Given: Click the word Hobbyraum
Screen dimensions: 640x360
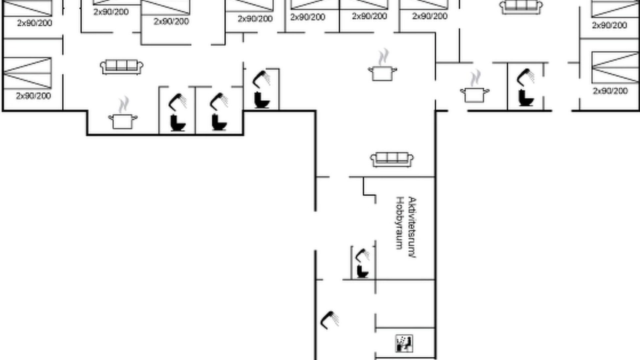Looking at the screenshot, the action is point(399,223).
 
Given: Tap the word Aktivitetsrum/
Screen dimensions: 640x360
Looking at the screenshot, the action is point(411,227).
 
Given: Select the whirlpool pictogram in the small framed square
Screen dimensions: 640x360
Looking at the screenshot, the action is point(404,343).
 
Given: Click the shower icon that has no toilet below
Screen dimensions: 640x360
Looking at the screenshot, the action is point(329,320).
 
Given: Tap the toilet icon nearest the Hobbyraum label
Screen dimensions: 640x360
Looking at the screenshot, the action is point(362,271).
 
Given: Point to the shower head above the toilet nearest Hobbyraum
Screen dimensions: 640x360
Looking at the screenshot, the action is point(362,255).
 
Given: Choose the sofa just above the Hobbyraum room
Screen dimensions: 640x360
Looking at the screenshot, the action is point(391,159).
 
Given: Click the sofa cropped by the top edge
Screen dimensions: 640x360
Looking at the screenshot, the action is point(521,7).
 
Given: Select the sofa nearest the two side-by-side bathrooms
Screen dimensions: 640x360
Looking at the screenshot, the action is point(121,67).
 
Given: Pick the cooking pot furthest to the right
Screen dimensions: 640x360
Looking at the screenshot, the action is point(474,86).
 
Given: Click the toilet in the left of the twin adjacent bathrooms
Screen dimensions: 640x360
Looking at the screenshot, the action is point(177,123).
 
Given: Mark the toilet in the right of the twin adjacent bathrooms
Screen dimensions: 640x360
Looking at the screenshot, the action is point(219,122).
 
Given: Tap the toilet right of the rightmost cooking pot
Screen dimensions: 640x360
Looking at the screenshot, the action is point(525,97).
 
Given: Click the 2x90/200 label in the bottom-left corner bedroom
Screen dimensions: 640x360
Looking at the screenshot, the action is point(33,95).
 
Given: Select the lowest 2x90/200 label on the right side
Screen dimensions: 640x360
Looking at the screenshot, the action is point(610,91).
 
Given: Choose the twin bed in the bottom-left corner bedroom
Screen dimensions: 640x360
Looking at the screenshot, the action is point(27,73).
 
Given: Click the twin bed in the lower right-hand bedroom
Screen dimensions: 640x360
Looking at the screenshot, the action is point(615,67).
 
